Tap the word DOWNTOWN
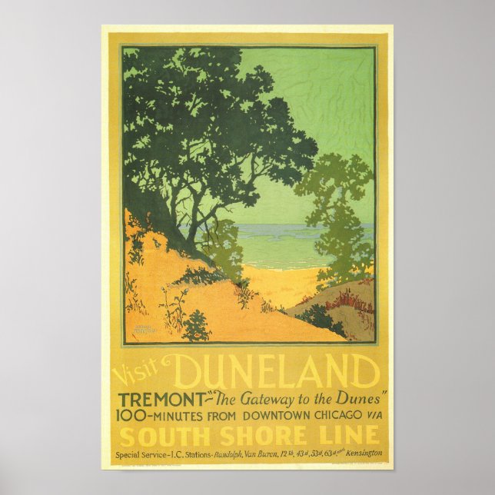[264, 417]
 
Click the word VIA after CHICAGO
[372, 417]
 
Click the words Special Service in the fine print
[141, 454]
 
